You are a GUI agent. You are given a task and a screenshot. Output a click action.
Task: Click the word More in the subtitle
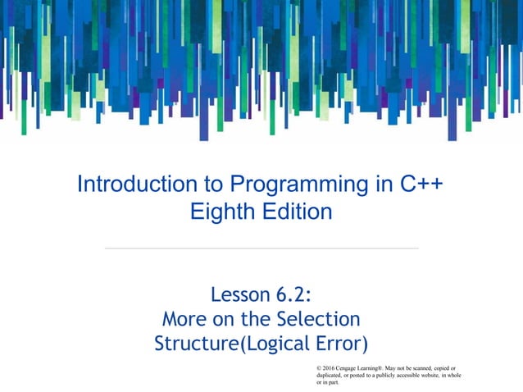pyautogui.click(x=187, y=319)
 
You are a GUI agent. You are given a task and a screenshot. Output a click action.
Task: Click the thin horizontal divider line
pyautogui.click(x=261, y=248)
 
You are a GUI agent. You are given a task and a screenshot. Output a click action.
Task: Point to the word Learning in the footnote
pyautogui.click(x=380, y=367)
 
